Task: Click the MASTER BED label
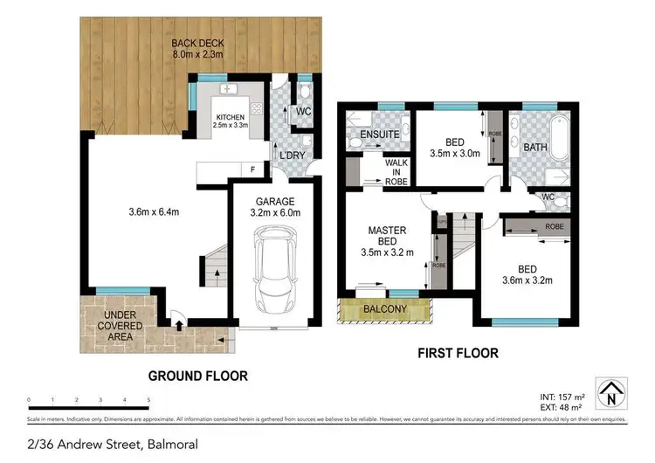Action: coord(387,236)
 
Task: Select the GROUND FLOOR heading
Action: coord(197,376)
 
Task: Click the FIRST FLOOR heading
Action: coord(458,354)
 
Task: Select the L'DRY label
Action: coord(291,155)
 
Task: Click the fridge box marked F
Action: coord(253,168)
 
